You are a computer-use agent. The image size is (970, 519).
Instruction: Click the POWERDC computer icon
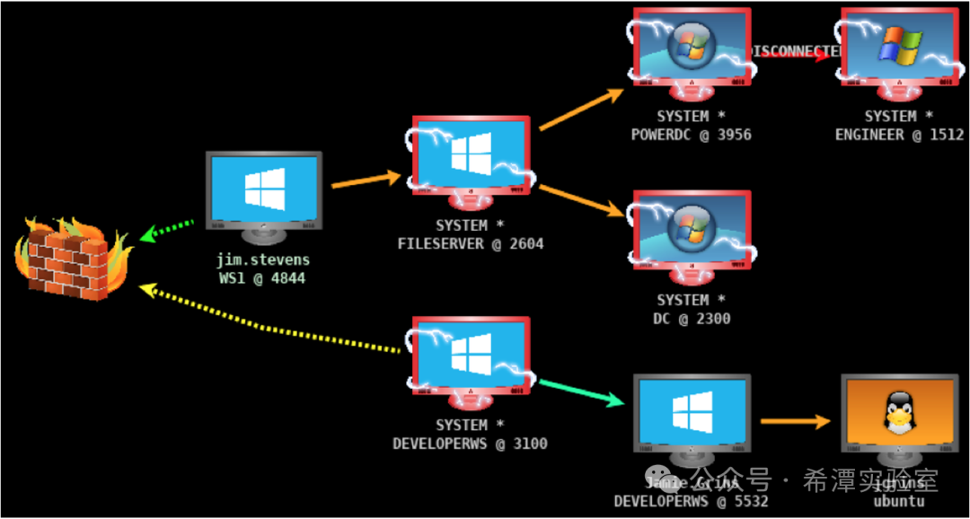coord(692,50)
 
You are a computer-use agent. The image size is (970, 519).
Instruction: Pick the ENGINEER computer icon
coord(899,50)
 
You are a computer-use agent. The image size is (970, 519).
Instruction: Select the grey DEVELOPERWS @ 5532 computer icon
coord(692,416)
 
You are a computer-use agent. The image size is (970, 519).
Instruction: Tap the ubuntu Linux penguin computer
coord(899,416)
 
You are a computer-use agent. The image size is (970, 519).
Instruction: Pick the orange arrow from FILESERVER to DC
coord(581,200)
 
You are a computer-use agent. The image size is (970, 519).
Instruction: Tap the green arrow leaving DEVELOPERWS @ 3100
coord(581,392)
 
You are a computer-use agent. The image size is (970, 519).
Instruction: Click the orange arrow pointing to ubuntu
coord(794,420)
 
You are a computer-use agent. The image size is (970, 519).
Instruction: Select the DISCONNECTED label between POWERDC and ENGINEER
coord(794,51)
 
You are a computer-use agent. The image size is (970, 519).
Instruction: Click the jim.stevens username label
coord(263,260)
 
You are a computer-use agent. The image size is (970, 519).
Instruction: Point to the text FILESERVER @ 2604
coord(471,243)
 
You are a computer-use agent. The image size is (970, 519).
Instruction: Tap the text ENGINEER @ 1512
coord(899,135)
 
